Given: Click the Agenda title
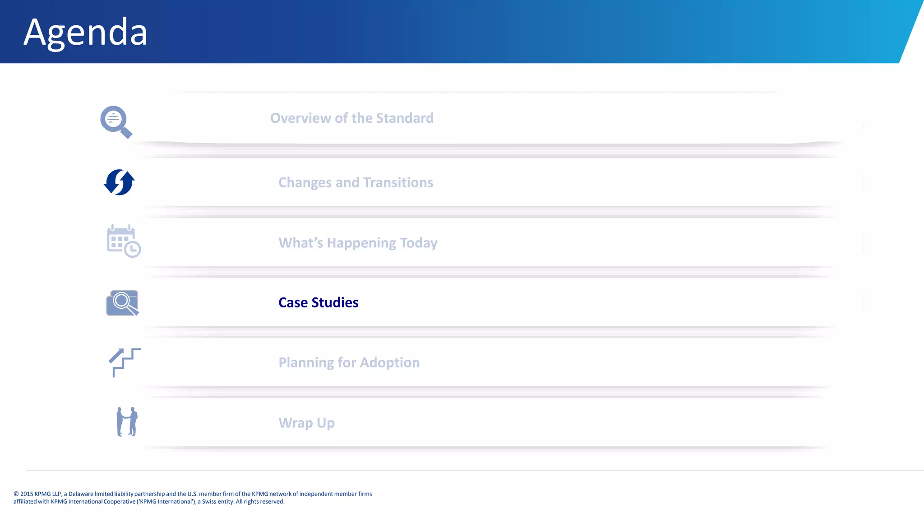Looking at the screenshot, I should [85, 32].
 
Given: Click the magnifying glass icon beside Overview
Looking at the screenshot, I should [115, 121].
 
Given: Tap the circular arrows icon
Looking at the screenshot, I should [119, 182].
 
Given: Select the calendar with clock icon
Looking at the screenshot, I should [123, 241].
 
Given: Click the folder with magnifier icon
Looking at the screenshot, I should [122, 302].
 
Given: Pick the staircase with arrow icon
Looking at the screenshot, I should [124, 362].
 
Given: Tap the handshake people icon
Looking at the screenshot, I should [127, 422].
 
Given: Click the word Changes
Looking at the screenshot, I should [305, 182].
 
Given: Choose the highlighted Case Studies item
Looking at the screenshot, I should [318, 302].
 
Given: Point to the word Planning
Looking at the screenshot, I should [306, 362].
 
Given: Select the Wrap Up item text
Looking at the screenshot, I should [306, 423].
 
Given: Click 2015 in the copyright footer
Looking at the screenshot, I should [27, 494].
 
